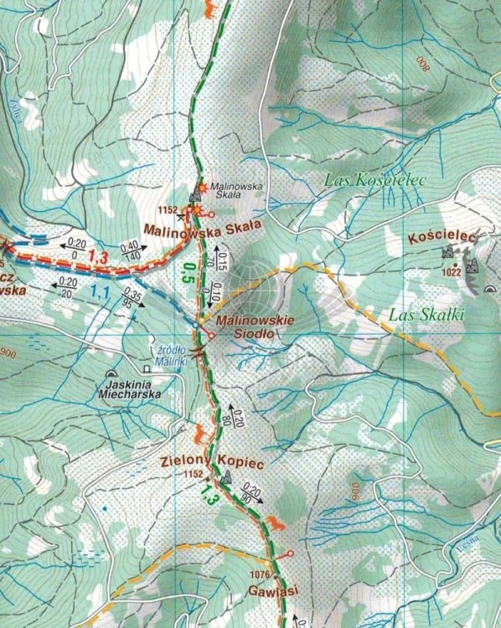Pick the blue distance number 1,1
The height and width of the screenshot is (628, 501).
click(x=101, y=292)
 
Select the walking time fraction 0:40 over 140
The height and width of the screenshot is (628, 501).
click(x=129, y=250)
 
